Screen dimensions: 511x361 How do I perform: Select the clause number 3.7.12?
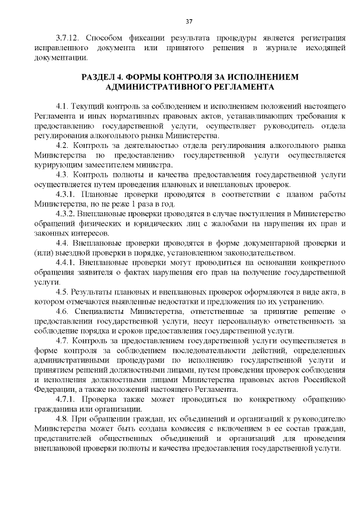pyautogui.click(x=66, y=38)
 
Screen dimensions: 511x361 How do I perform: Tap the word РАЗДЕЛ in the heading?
pyautogui.click(x=99, y=77)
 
